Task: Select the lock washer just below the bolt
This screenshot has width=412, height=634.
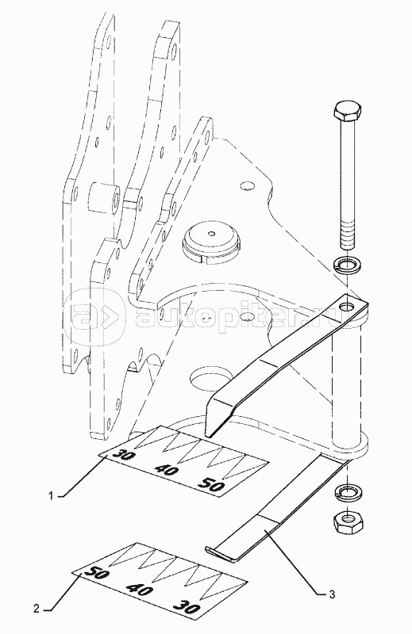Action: tap(348, 265)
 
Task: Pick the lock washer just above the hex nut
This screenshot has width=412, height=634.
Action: tap(348, 492)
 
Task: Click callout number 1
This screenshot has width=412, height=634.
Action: tap(51, 496)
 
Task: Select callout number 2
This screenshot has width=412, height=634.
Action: tap(36, 609)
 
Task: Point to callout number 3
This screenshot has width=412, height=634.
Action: tap(332, 594)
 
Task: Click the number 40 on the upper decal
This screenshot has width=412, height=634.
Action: tap(166, 470)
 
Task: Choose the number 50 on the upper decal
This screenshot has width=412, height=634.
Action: tap(210, 484)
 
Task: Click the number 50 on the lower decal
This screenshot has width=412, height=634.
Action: tap(97, 573)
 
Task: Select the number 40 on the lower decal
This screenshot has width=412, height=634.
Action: tap(140, 590)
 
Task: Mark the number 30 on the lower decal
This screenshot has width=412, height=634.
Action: tap(187, 608)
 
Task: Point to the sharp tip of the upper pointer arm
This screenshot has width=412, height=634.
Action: tap(208, 436)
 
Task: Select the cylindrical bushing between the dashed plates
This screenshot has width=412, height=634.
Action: tap(104, 197)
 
